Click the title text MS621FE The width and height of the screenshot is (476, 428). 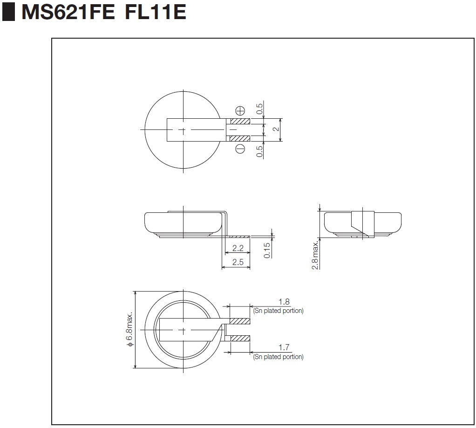(68, 12)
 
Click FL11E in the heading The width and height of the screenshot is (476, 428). (156, 12)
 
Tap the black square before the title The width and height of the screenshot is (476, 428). (8, 12)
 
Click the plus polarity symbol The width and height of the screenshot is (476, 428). (240, 111)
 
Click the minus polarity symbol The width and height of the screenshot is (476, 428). (240, 149)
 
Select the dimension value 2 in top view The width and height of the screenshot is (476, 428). (276, 129)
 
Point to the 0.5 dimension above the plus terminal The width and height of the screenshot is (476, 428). (259, 109)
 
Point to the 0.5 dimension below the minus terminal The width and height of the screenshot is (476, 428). (259, 151)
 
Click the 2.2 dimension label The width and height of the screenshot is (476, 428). (238, 248)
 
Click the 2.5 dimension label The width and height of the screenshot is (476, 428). (238, 262)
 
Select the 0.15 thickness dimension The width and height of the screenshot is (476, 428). (267, 251)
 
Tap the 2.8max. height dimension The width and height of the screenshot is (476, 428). (315, 255)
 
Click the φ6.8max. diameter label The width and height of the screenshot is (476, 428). (129, 329)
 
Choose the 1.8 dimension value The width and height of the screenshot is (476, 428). (284, 302)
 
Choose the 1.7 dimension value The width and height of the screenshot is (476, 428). (284, 347)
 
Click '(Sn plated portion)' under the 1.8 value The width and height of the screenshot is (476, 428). (279, 311)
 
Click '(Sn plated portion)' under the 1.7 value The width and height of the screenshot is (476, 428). (279, 357)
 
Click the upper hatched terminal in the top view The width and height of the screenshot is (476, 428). (240, 122)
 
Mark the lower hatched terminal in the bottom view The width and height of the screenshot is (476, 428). (240, 338)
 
